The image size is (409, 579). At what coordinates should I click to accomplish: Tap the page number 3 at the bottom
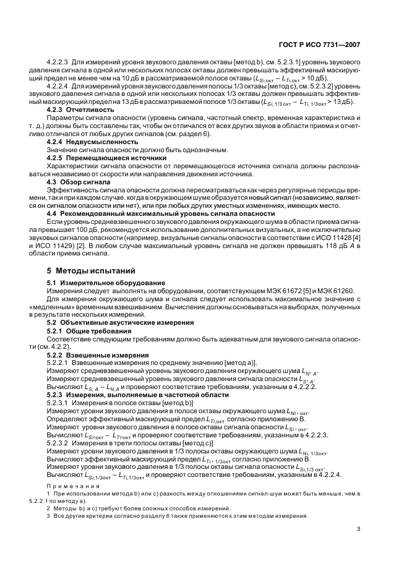pos(358,528)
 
